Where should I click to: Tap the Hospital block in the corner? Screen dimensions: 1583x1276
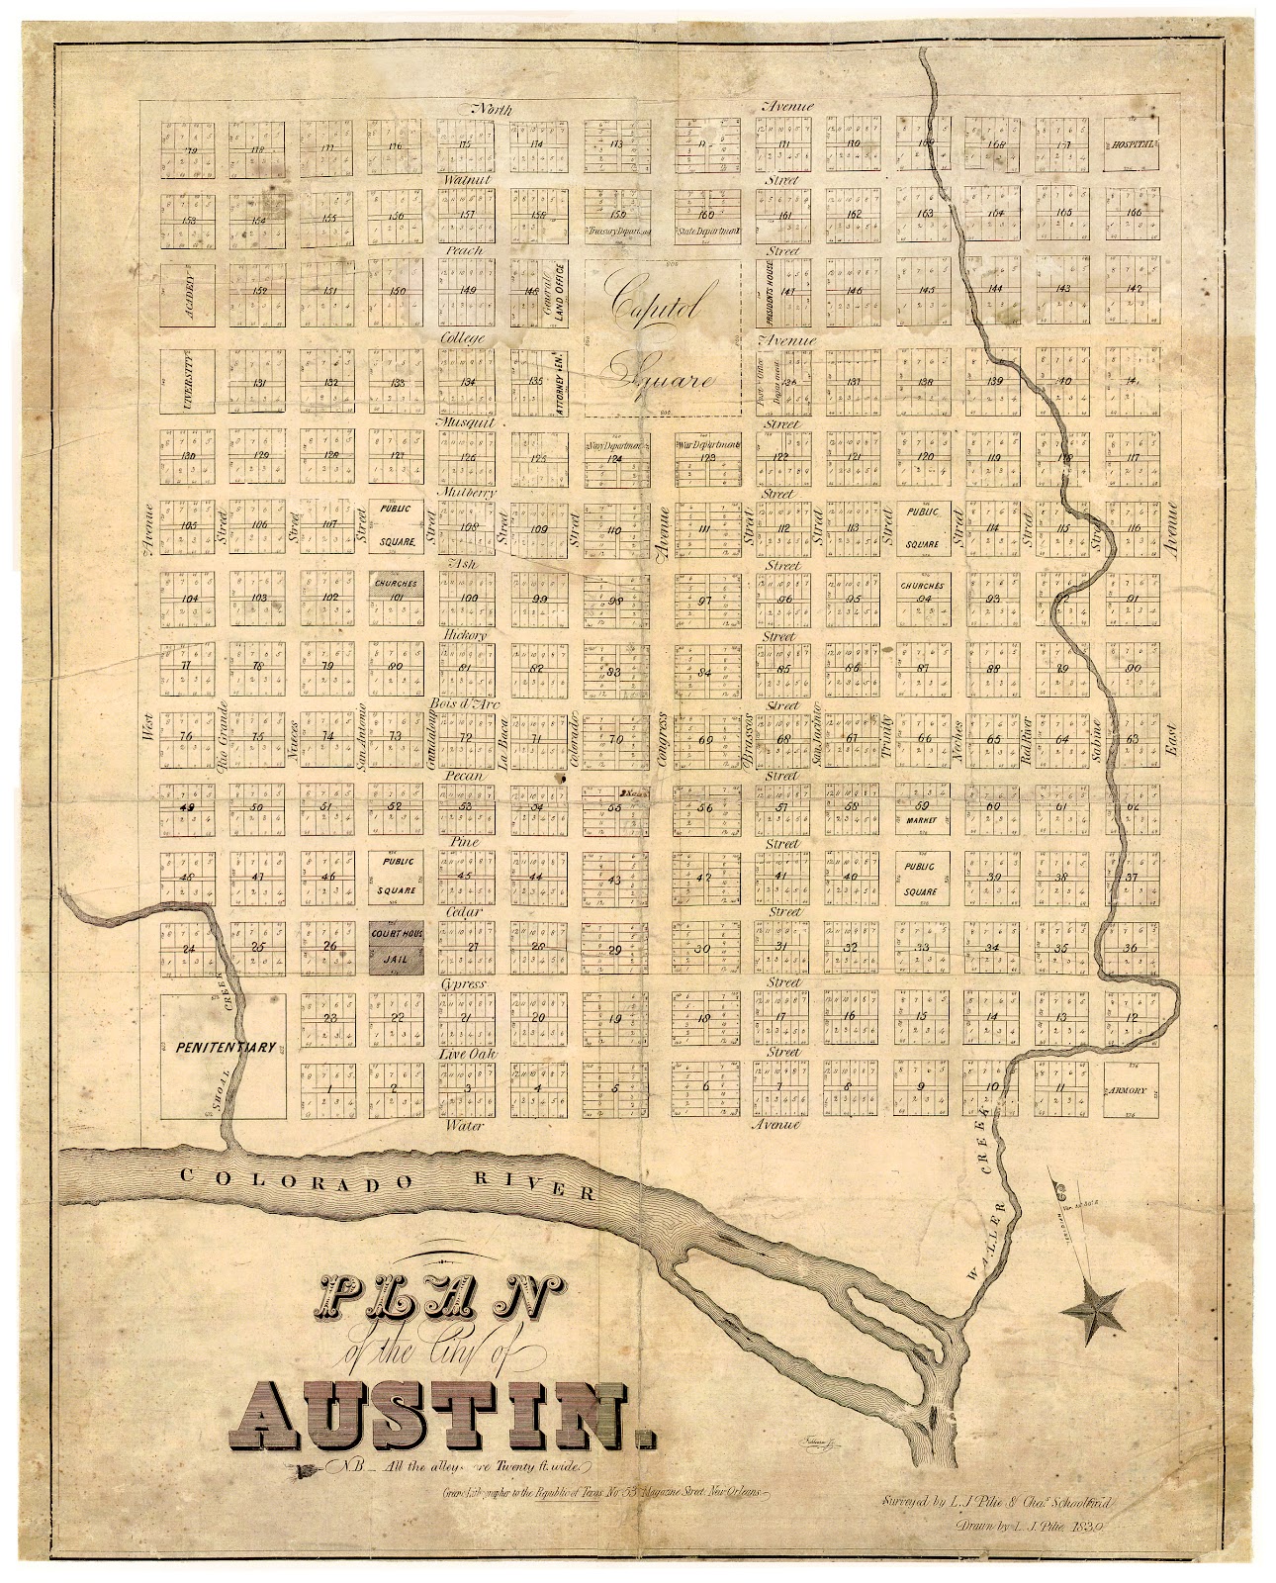tap(1131, 144)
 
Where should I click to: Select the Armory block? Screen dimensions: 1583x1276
tap(1131, 1090)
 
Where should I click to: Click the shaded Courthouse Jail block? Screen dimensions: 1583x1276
tap(396, 947)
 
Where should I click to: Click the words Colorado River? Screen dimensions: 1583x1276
tap(386, 1181)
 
